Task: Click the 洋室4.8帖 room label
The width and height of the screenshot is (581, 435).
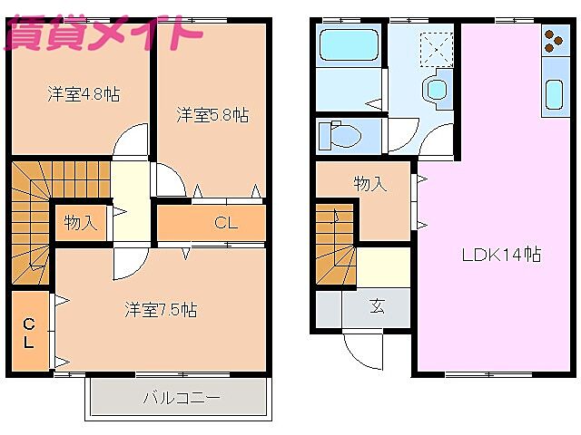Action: point(83,93)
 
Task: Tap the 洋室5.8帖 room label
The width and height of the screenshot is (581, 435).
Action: point(212,115)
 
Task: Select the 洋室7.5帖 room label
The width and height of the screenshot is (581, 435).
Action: point(160,309)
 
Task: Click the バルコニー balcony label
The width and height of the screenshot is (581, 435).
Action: point(181,397)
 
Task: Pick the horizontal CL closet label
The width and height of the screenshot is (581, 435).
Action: point(225,223)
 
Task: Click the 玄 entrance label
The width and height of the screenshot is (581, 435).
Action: point(377,306)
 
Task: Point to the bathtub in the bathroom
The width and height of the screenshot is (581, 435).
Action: point(350,44)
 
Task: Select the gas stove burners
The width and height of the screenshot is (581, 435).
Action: point(554,40)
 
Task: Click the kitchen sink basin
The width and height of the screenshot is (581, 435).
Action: point(554,92)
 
